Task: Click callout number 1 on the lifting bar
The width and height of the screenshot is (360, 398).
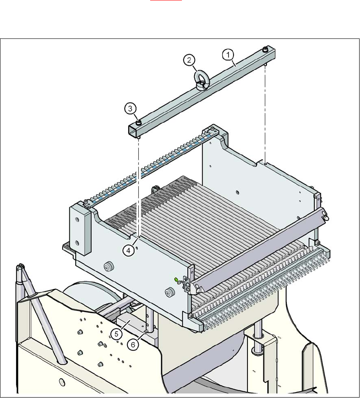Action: (228, 55)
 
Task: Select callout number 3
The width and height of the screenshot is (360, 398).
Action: (131, 109)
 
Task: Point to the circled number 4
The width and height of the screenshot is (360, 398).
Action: (129, 250)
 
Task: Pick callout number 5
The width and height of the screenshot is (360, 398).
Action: (118, 334)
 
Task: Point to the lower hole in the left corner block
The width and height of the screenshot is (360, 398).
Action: (77, 243)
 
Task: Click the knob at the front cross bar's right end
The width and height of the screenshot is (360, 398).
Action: (327, 218)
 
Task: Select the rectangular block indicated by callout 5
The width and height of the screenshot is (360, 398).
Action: (131, 325)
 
